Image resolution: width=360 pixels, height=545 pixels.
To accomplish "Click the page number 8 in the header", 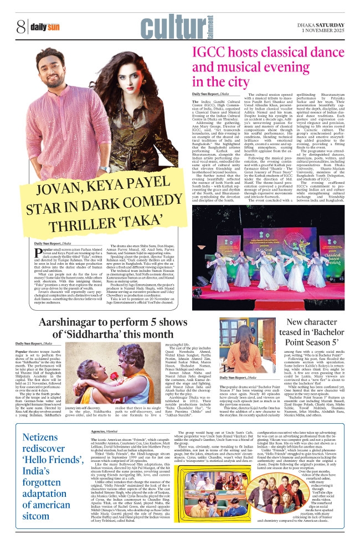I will coord(20,26).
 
